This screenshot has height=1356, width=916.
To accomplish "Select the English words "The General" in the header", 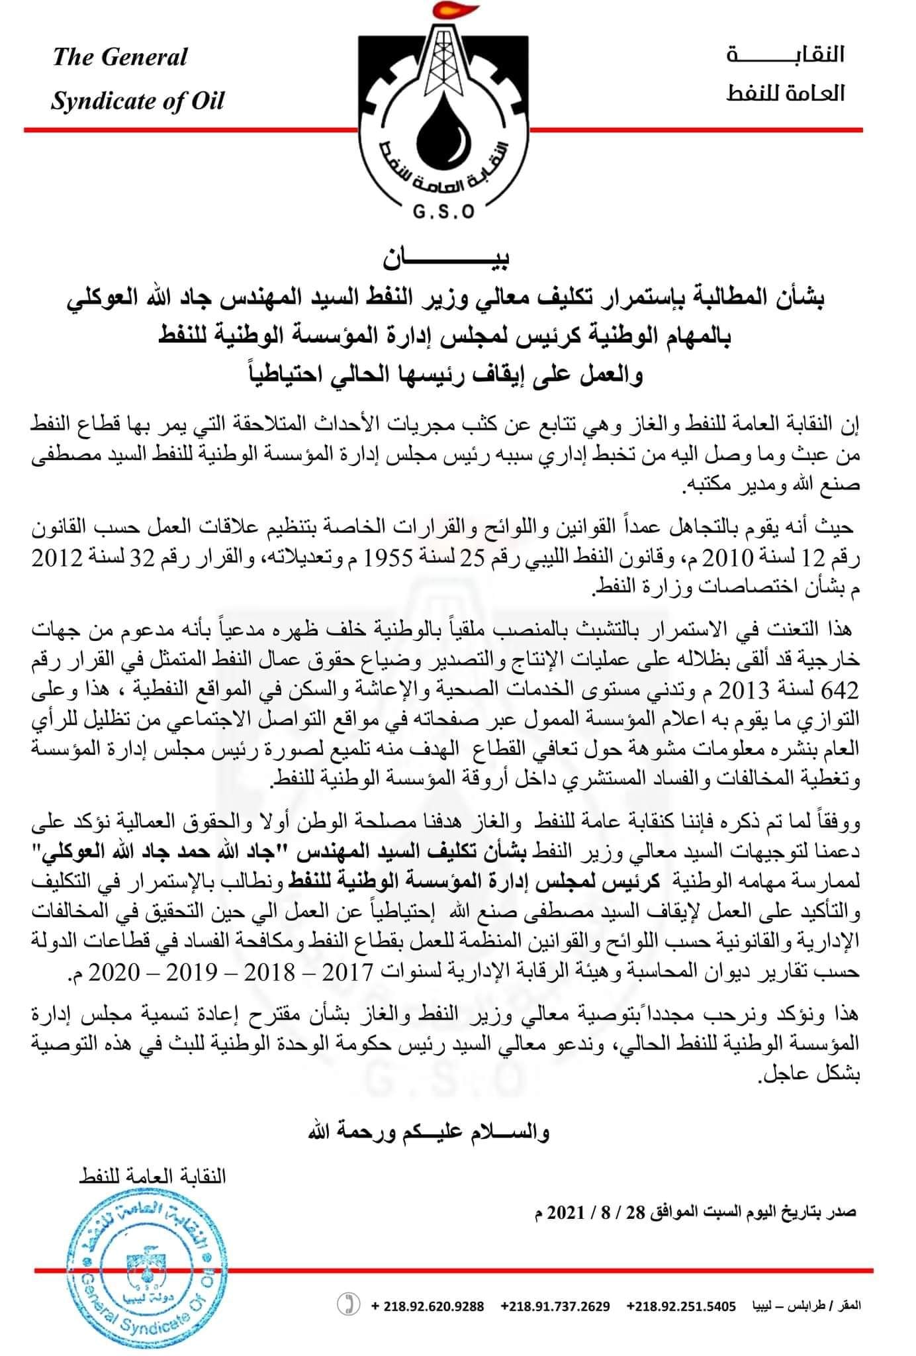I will [x=120, y=57].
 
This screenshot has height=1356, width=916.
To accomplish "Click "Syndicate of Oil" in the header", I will [x=138, y=101].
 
